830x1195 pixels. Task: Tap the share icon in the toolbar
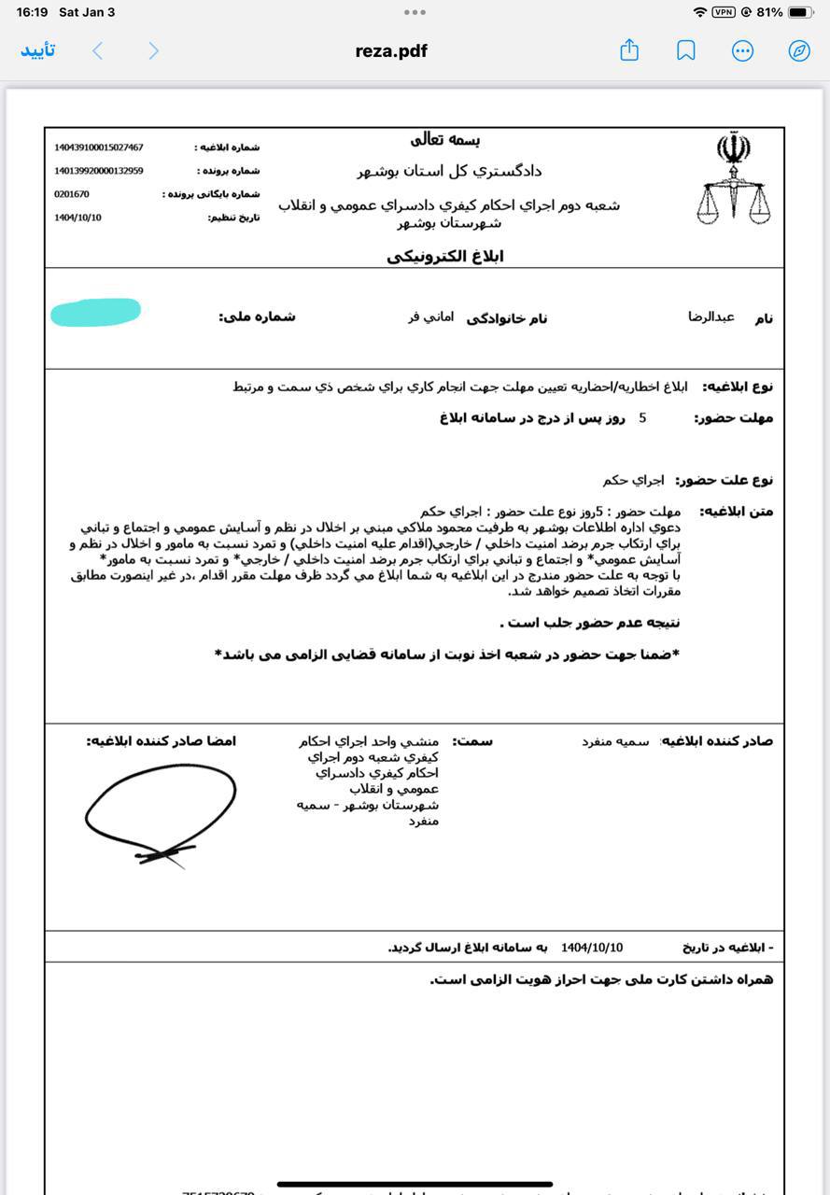click(629, 50)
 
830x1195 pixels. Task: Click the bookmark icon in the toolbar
click(686, 50)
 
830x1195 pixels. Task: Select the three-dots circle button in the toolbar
click(742, 50)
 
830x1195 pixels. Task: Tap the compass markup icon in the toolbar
click(799, 50)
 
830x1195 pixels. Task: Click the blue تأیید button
click(38, 50)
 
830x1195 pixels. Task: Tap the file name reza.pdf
click(391, 51)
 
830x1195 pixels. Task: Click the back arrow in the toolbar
click(97, 50)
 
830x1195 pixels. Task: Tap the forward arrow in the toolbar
click(154, 50)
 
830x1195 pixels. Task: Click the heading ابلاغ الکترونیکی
click(445, 257)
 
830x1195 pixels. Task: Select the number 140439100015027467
click(99, 148)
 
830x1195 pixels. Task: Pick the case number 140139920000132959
click(99, 171)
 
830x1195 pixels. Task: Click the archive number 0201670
click(72, 194)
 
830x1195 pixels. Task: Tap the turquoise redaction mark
click(95, 313)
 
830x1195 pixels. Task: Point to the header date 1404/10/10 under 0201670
click(78, 218)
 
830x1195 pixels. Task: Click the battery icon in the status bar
click(801, 12)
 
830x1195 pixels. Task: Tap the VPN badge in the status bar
click(724, 12)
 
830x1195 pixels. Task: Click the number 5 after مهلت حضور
click(642, 418)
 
